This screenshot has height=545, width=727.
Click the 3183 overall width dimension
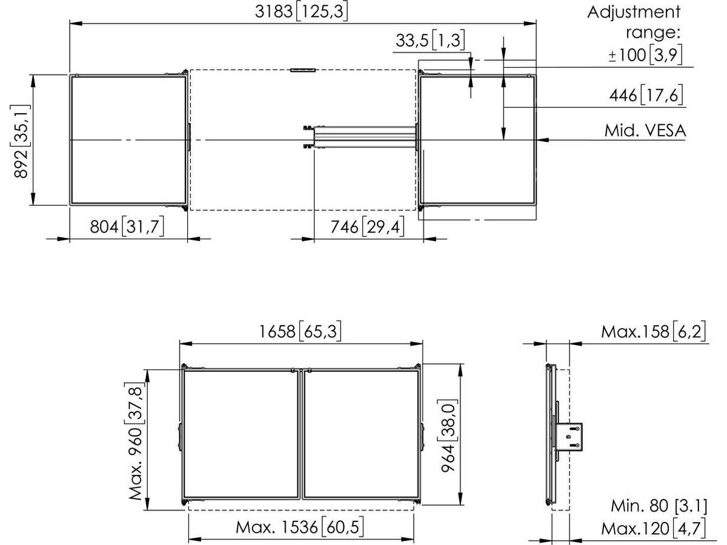[301, 12]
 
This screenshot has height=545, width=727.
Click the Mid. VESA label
[645, 131]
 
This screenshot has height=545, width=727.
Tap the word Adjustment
[634, 13]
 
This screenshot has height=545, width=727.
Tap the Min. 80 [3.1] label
[659, 506]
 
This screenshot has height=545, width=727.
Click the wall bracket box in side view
[569, 437]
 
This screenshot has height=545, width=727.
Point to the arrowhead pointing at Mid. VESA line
[542, 140]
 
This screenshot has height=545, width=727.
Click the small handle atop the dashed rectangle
[303, 70]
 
